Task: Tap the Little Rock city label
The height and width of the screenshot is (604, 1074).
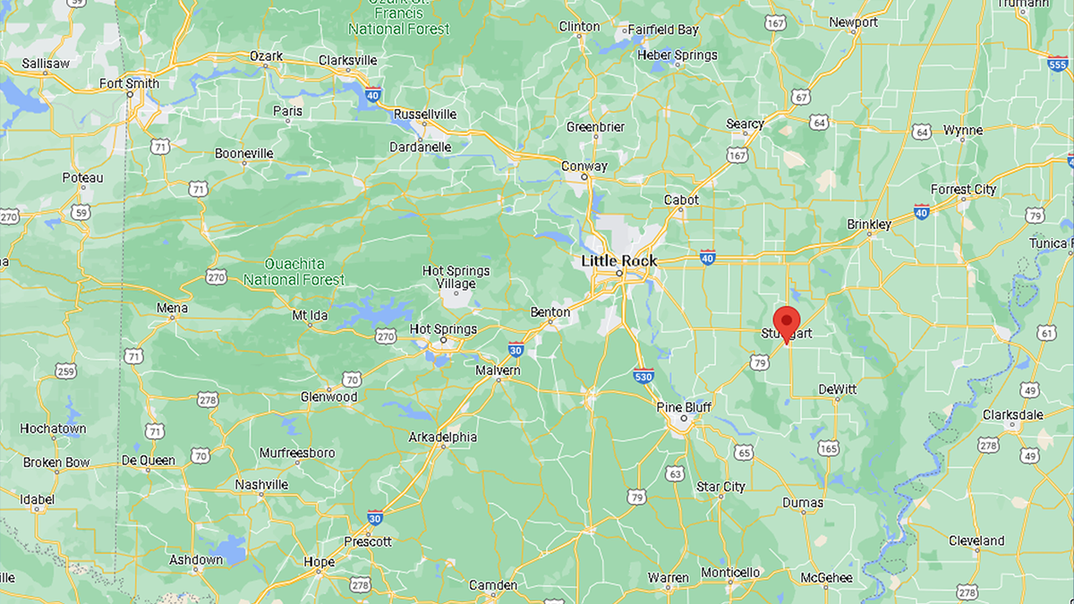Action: point(618,261)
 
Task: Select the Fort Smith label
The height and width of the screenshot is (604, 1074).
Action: point(130,84)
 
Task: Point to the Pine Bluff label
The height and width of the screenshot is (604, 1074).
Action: point(684,407)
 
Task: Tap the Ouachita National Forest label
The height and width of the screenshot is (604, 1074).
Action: point(293,272)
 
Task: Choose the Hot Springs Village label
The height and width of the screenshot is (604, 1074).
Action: point(456,277)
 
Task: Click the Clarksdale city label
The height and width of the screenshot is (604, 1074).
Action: point(1012,415)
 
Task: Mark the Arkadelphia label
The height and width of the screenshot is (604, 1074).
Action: point(442,438)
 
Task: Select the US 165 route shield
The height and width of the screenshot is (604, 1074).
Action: point(828,447)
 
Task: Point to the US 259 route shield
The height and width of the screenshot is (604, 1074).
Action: point(64,370)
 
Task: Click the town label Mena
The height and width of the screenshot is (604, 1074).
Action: point(172,309)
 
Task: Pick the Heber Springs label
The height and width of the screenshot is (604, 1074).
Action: point(677,55)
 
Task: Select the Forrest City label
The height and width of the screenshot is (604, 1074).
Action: point(963,190)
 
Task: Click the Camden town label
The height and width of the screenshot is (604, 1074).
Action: point(493,586)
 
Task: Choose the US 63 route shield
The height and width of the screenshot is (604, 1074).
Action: point(674,473)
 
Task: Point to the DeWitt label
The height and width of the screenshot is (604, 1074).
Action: point(838,389)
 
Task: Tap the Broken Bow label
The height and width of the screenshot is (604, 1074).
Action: point(56,463)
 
